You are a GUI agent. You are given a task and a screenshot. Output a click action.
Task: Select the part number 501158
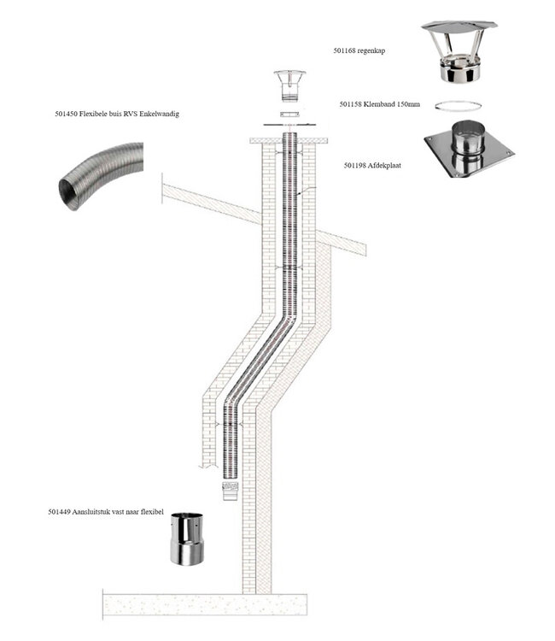click(352, 105)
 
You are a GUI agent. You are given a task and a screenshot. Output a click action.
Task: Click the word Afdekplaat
click(383, 166)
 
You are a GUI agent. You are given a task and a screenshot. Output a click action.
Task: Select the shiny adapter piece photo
click(184, 539)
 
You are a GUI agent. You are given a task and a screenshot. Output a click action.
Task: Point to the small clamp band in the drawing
click(290, 114)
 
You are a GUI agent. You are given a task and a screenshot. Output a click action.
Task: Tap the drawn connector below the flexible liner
click(228, 490)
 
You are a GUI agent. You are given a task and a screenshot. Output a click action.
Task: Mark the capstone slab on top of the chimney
click(289, 137)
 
